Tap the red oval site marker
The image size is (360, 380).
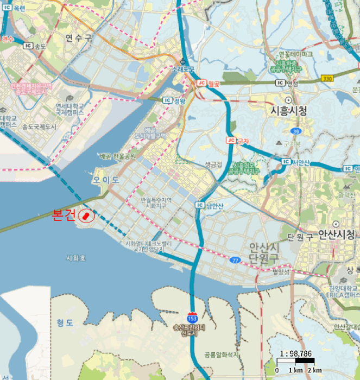(86, 216)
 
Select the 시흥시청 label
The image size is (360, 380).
(288, 111)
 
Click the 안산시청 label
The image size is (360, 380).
(336, 235)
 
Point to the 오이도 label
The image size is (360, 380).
(105, 180)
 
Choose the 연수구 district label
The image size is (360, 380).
(79, 38)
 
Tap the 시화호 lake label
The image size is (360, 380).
(75, 258)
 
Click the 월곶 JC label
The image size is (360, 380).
(208, 83)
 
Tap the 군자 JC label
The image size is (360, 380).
(238, 141)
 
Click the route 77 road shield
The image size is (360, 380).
(235, 261)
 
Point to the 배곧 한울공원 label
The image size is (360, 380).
(118, 156)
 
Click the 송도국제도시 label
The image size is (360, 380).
(39, 126)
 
